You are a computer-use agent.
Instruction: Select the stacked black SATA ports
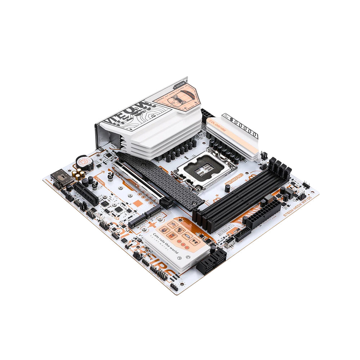tap(211, 262)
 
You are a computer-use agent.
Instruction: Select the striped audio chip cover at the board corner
tap(62, 177)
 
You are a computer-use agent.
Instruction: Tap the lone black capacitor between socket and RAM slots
tap(228, 188)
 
